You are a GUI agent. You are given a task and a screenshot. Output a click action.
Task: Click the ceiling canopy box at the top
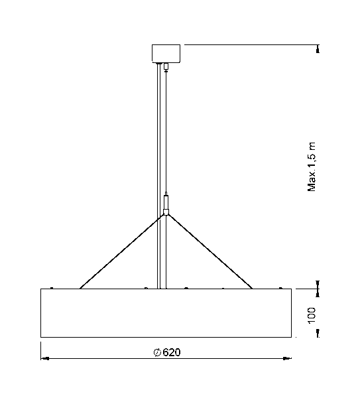(x=166, y=52)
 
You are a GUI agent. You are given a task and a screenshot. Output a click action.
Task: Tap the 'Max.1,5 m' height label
(x=312, y=167)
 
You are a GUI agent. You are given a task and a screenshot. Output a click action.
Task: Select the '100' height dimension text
(x=312, y=314)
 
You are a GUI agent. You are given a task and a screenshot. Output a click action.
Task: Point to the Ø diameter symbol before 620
(x=157, y=352)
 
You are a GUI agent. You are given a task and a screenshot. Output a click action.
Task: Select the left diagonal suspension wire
(x=119, y=252)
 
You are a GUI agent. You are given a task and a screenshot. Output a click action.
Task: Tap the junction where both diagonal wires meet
(x=165, y=214)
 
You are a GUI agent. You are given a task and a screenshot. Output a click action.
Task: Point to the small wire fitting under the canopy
(x=166, y=66)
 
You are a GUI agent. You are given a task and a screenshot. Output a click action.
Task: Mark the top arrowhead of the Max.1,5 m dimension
(x=319, y=48)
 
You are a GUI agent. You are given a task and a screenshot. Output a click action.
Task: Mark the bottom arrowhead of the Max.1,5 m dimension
(x=319, y=285)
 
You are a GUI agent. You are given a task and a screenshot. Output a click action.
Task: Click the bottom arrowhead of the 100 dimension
(x=319, y=334)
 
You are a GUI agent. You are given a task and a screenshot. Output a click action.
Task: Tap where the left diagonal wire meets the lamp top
(x=80, y=288)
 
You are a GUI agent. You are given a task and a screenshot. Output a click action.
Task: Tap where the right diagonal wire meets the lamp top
(x=252, y=288)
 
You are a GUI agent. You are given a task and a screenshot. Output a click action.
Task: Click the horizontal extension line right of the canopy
(x=252, y=44)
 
